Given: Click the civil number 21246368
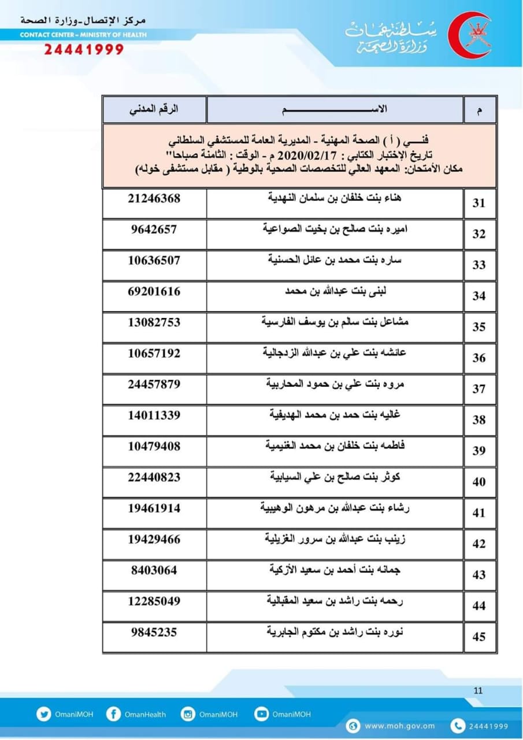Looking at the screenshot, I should [x=154, y=198].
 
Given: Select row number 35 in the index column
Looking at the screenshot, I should [x=479, y=327].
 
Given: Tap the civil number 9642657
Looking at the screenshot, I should [x=154, y=229].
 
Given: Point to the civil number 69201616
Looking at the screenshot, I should [x=154, y=291].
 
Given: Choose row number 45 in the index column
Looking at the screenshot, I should [x=479, y=637].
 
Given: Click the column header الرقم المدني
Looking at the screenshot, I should [x=154, y=109].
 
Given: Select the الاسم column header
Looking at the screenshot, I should [x=335, y=109].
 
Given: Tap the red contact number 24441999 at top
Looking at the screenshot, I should [x=84, y=49].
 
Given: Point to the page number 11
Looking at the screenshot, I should [x=477, y=690].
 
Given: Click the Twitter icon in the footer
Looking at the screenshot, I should [x=43, y=714].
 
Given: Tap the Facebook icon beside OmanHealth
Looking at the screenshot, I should [x=113, y=714].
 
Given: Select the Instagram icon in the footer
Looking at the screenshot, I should [x=188, y=714].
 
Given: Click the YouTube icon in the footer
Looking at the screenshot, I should [x=262, y=714].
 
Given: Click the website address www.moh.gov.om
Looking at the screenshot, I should [x=399, y=726].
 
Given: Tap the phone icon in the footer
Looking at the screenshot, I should [x=458, y=726].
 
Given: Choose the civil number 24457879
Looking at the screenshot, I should [x=154, y=384].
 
